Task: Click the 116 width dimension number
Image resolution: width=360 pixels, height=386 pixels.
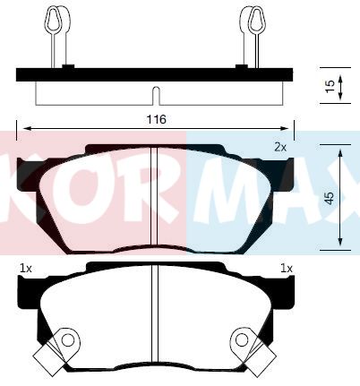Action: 156,119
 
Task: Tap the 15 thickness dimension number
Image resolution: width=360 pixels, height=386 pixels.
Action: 330,86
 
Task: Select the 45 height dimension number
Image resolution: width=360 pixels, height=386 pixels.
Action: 330,198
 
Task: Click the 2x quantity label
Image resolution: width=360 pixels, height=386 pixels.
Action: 280,147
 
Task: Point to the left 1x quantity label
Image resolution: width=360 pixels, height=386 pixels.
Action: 26,269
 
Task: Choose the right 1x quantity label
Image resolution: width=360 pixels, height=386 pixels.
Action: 287,269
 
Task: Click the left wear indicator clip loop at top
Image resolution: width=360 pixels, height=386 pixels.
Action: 54,19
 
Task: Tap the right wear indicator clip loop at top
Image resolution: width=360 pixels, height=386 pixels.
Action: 256,19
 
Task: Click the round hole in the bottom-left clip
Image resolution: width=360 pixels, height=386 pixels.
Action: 68,340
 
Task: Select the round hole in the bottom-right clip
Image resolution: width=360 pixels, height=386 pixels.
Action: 241,340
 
